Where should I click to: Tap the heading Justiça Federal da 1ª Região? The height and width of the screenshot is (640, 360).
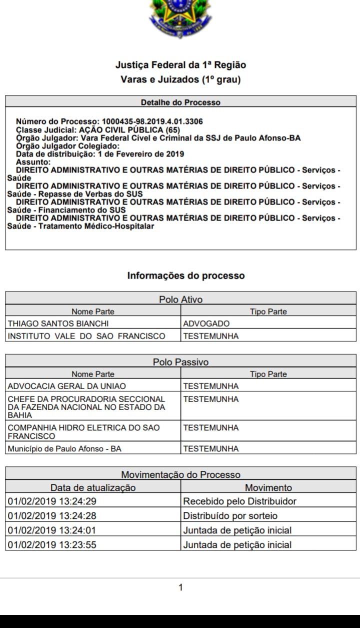[180, 65]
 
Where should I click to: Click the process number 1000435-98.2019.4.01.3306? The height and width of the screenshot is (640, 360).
[152, 121]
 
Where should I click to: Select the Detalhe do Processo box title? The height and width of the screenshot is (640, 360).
[180, 102]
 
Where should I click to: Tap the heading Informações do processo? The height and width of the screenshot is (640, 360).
[186, 275]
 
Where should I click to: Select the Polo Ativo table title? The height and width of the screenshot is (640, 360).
[180, 299]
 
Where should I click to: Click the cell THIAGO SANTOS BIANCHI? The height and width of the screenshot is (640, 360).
[58, 323]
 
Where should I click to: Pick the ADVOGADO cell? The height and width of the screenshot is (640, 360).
[206, 323]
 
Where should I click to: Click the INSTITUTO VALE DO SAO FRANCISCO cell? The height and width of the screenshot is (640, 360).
[86, 336]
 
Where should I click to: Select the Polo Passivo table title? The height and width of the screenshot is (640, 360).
[180, 362]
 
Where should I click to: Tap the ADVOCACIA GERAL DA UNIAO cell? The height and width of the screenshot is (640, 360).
[67, 386]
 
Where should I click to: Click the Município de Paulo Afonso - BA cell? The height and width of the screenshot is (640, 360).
[64, 448]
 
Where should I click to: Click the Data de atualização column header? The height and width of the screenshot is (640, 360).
[93, 487]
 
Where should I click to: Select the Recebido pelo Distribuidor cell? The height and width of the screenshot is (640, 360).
[239, 501]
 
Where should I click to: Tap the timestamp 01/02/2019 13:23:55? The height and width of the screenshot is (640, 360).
[52, 544]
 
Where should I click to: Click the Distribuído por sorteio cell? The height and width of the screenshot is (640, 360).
[230, 515]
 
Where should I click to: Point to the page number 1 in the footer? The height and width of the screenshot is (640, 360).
[180, 587]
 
